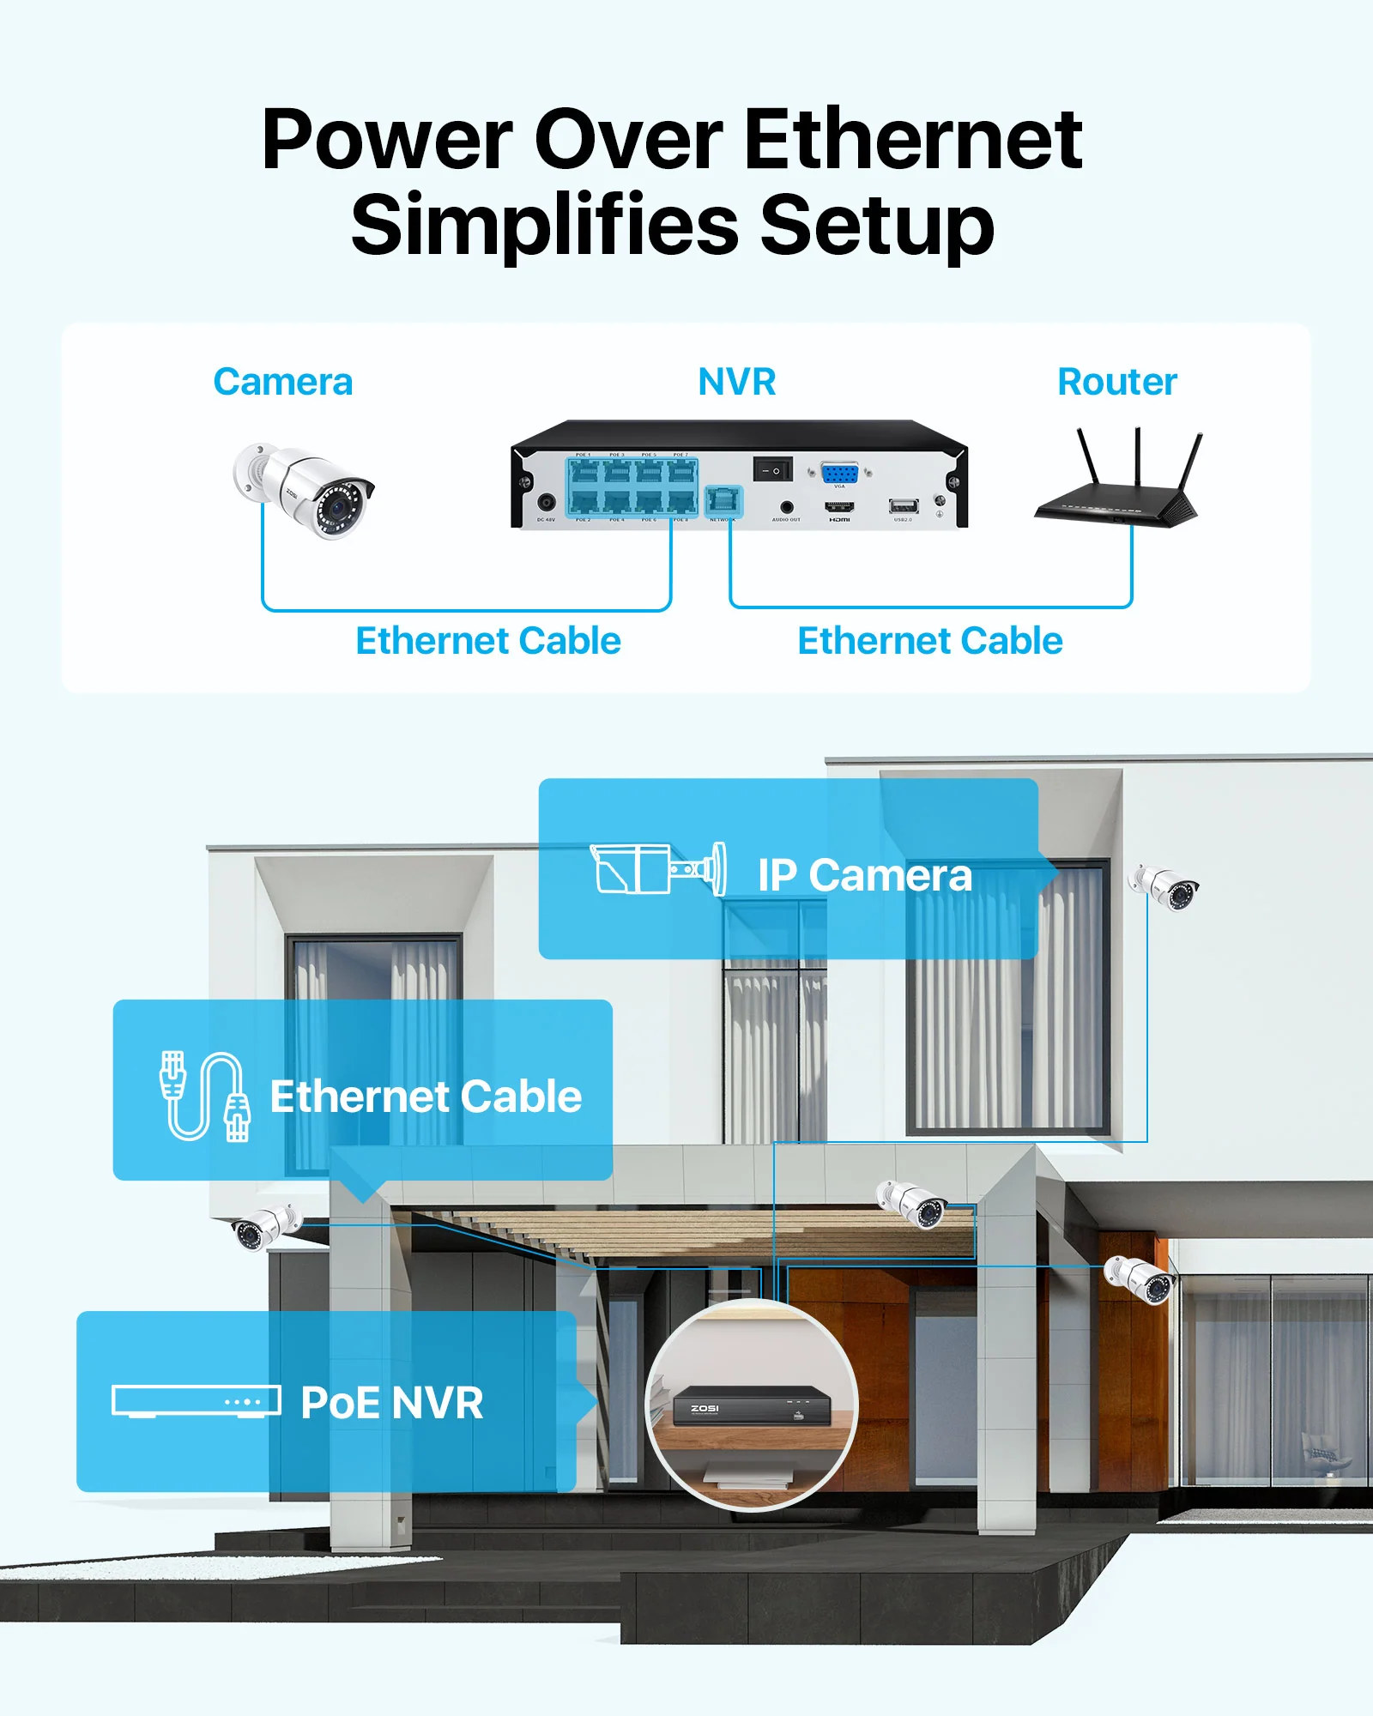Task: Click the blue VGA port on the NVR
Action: (839, 473)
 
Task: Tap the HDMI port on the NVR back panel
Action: (839, 507)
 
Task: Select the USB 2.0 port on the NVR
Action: (903, 506)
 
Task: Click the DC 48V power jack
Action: (546, 503)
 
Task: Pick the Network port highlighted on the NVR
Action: (723, 501)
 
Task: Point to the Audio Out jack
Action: (786, 507)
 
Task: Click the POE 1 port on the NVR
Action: (584, 473)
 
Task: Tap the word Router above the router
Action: (1116, 382)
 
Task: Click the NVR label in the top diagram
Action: (736, 382)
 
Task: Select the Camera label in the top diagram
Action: (282, 382)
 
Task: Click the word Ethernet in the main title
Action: (913, 139)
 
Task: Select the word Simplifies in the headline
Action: (545, 225)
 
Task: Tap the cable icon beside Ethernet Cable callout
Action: (204, 1096)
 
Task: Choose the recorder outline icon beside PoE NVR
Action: (197, 1401)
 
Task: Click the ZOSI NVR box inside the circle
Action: (750, 1405)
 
